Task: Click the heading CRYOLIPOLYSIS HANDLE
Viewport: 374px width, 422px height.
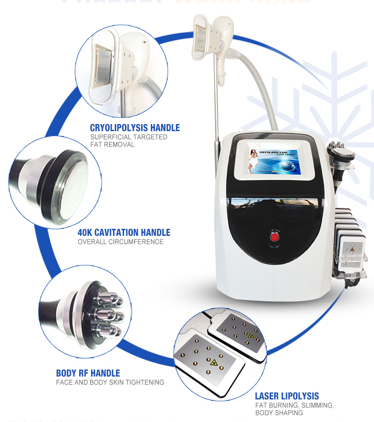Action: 135,128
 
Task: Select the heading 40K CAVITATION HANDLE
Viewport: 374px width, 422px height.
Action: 124,232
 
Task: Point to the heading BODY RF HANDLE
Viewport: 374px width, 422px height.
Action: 88,373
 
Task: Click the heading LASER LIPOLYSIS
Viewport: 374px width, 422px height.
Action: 287,396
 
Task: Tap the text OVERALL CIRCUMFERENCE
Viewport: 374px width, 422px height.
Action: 120,242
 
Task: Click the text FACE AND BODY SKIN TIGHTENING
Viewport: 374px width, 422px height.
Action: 110,382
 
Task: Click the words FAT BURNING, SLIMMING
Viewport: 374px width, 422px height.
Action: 294,405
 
